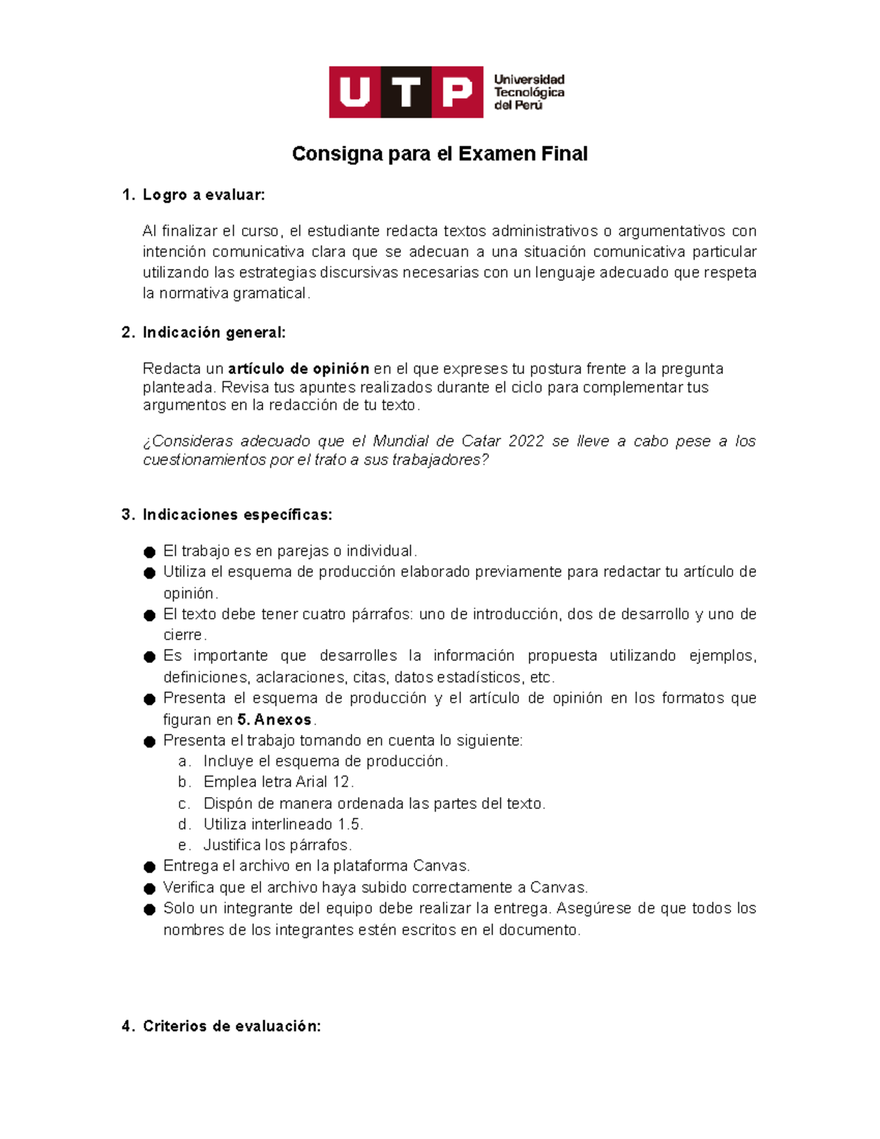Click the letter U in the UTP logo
tap(355, 92)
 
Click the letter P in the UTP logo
tap(457, 92)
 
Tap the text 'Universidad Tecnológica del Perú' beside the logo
tap(529, 92)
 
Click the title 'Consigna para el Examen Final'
tap(439, 154)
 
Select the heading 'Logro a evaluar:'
tap(203, 195)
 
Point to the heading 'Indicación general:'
tap(213, 333)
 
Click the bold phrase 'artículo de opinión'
tap(298, 369)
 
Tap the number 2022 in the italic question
tap(526, 442)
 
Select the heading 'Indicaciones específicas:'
tap(237, 515)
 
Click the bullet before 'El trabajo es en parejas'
tap(150, 552)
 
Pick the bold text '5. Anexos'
tap(274, 720)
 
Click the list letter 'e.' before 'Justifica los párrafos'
tap(184, 846)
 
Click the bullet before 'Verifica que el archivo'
tap(150, 889)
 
